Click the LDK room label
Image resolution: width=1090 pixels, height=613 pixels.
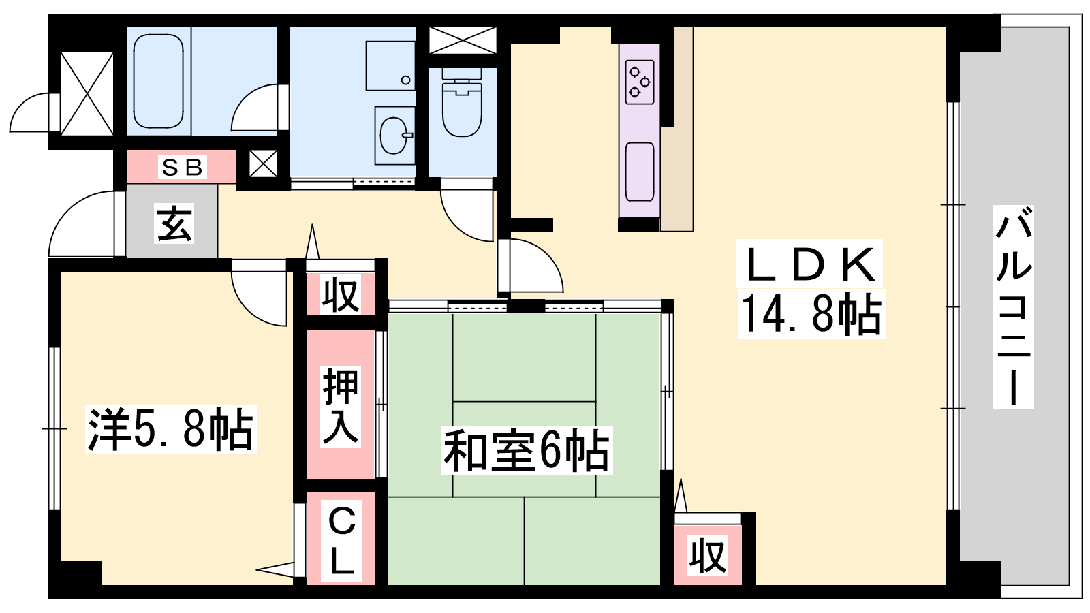809,265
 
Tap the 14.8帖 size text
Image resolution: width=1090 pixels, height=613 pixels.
811,314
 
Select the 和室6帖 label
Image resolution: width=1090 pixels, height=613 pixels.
526,450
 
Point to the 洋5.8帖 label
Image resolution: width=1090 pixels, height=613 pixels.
170,429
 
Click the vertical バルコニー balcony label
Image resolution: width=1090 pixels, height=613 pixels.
1013,306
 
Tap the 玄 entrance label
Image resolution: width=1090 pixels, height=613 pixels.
174,223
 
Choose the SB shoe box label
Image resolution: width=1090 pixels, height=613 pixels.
181,168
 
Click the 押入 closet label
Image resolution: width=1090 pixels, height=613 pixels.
340,407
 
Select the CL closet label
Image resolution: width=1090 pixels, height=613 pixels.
341,541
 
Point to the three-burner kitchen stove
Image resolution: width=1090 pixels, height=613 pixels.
640,82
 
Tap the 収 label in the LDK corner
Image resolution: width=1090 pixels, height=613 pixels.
708,556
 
